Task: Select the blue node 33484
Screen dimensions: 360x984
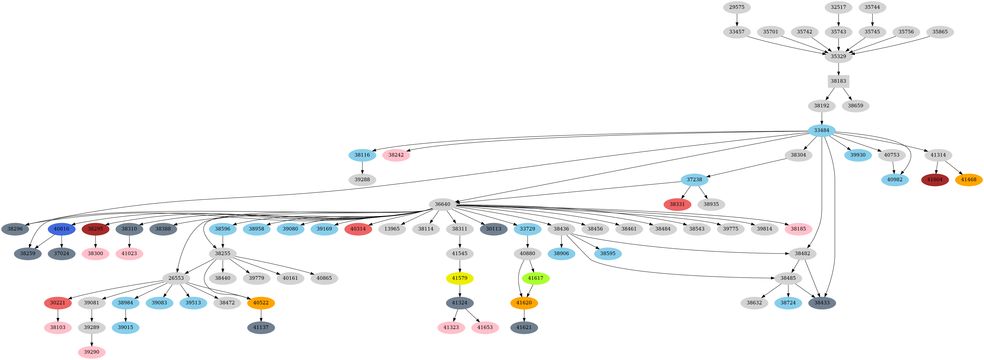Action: coord(821,130)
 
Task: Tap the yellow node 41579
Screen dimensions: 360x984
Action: coord(460,278)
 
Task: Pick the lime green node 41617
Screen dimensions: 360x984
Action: coord(535,278)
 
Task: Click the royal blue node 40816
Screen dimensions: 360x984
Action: coord(62,229)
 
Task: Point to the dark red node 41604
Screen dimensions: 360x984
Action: coord(935,180)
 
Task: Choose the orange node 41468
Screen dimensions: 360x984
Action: coord(968,180)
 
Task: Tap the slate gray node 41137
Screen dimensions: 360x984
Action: coord(261,327)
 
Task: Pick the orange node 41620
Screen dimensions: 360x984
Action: coord(524,303)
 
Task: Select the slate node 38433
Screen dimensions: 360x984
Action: coord(822,303)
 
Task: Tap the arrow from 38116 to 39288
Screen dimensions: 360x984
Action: coord(362,167)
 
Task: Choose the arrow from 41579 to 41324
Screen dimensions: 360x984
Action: coord(460,290)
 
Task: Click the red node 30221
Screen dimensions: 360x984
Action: coord(58,303)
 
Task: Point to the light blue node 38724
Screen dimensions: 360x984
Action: coord(788,303)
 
